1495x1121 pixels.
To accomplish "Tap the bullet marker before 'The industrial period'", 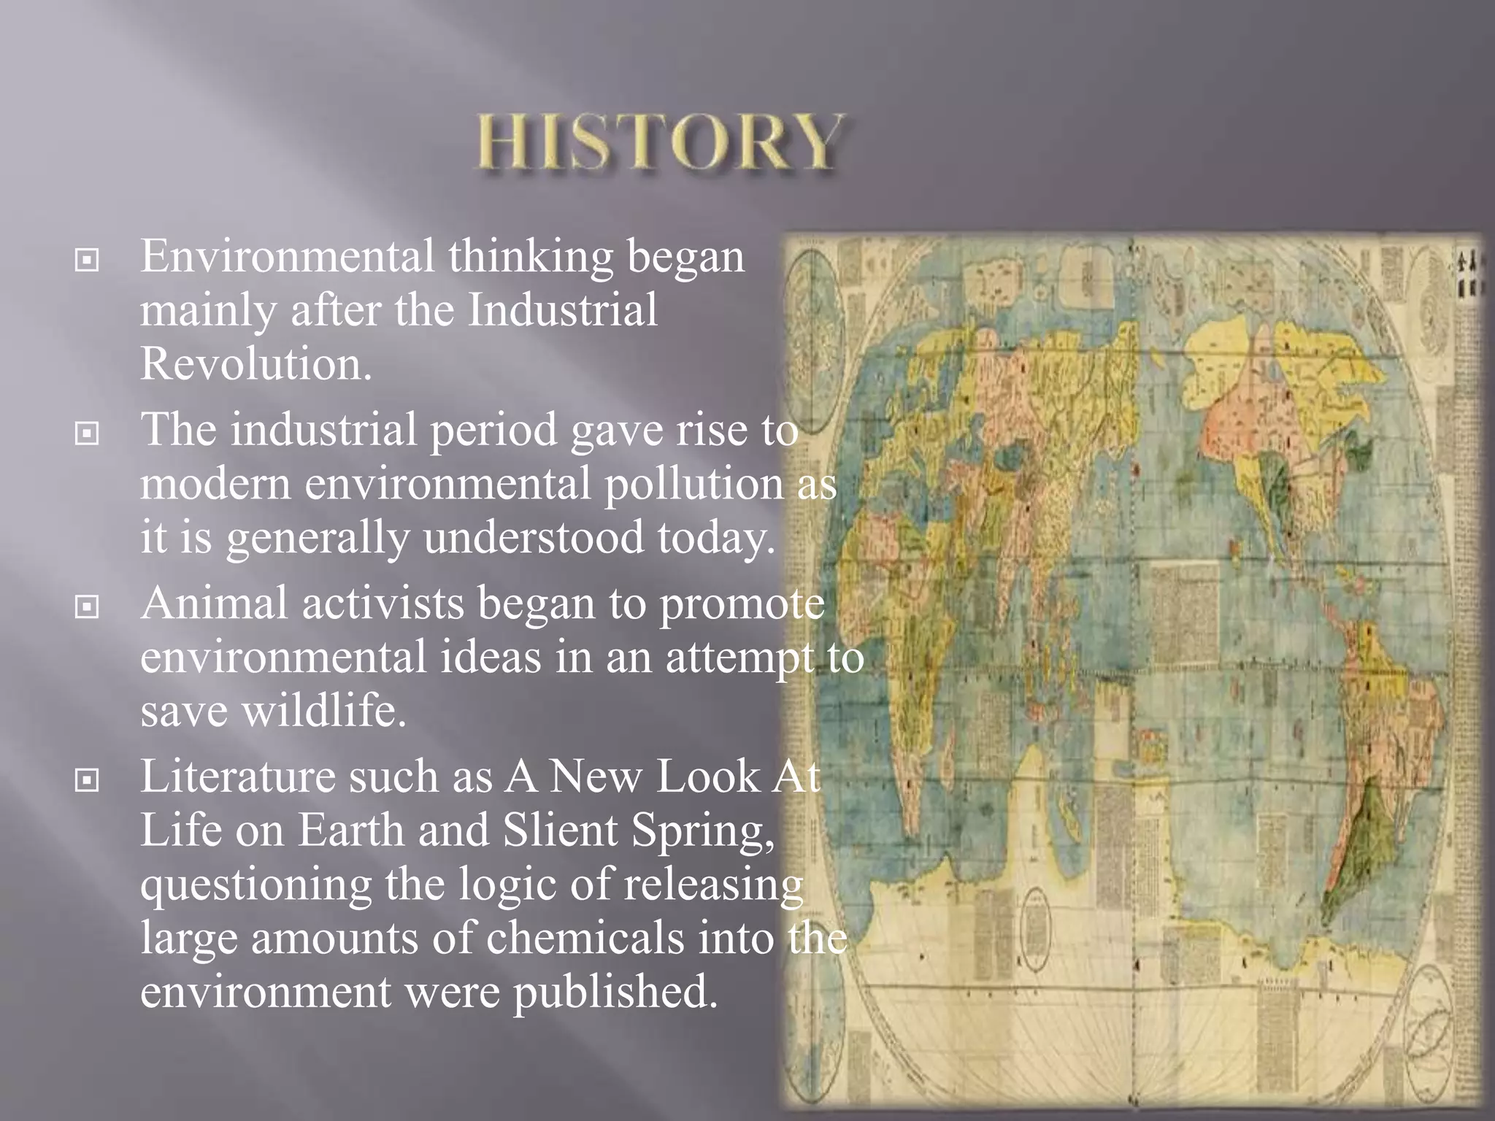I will click(x=87, y=434).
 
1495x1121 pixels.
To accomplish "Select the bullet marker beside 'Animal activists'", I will click(x=87, y=606).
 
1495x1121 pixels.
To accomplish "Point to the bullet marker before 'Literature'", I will click(x=87, y=780).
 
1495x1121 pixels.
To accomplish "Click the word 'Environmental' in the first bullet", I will click(x=288, y=256).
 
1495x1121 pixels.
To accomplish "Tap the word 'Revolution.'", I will click(x=255, y=363).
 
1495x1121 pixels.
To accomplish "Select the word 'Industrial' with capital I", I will click(x=562, y=310).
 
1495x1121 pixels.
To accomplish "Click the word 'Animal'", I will click(x=215, y=604).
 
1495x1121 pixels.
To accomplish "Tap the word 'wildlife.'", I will click(x=323, y=711).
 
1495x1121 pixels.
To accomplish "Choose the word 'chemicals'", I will click(x=585, y=938).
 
